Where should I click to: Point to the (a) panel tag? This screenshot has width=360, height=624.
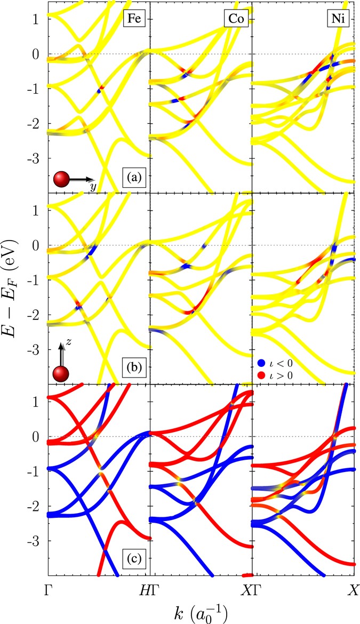pyautogui.click(x=131, y=175)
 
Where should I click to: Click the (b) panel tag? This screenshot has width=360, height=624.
pyautogui.click(x=131, y=367)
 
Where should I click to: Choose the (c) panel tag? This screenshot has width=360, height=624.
pyautogui.click(x=131, y=559)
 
